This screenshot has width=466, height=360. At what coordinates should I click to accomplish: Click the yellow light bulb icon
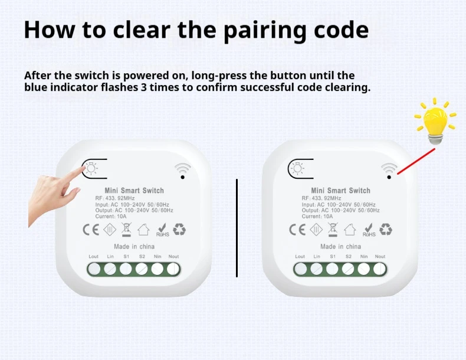coord(435,122)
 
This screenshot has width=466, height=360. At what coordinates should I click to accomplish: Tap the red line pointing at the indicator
coord(416,162)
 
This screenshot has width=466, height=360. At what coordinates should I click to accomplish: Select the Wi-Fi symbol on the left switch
coord(182,171)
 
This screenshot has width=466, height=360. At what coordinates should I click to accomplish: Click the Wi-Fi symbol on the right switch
coord(389,171)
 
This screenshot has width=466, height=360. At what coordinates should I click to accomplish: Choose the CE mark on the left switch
coord(91,230)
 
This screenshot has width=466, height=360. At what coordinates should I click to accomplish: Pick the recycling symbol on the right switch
coord(386,229)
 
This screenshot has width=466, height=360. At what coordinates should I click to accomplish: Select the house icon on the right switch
coord(350,229)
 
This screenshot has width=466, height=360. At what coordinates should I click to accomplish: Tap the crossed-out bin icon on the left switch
coord(126,230)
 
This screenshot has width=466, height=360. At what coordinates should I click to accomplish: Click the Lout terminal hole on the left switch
coord(94,269)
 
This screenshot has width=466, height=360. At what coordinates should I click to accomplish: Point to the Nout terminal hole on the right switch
coord(379,269)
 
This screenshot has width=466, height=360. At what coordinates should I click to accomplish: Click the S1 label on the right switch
coord(333,256)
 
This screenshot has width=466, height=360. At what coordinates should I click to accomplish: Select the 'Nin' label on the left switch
coord(157,256)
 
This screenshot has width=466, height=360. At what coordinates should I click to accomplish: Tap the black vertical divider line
coord(237,228)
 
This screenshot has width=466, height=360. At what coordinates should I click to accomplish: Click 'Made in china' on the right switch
coord(340,247)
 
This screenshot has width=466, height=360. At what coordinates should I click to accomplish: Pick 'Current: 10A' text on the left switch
coord(111,217)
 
